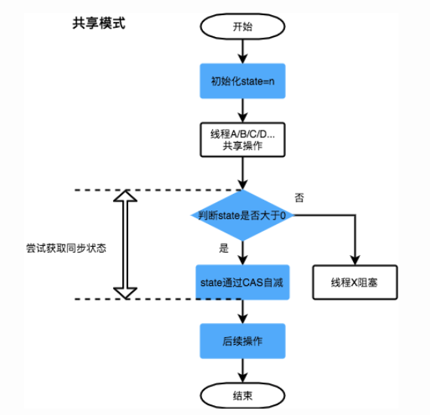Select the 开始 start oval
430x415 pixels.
242,25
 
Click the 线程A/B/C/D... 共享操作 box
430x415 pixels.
242,140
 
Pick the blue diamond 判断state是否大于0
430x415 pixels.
242,215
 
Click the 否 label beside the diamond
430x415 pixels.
299,198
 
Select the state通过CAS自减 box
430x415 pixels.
242,283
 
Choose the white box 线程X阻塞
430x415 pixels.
355,283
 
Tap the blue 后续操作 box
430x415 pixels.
242,340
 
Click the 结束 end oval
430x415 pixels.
242,394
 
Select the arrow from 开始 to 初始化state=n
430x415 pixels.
242,50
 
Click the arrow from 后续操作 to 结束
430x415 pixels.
242,368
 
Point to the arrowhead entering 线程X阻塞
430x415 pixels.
355,260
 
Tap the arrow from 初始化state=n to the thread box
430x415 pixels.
242,110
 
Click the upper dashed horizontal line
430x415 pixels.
151,189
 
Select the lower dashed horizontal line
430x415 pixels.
151,300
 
